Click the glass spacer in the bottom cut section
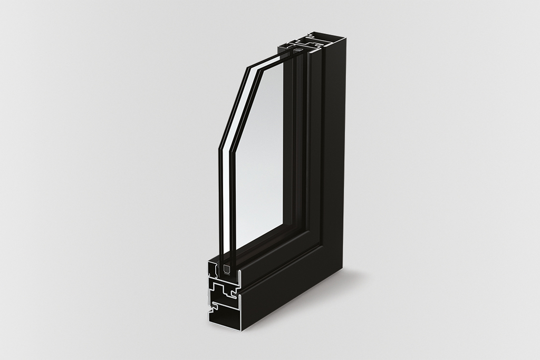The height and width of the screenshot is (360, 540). click(227, 269)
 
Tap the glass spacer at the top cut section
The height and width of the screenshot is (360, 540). click(298, 49)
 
